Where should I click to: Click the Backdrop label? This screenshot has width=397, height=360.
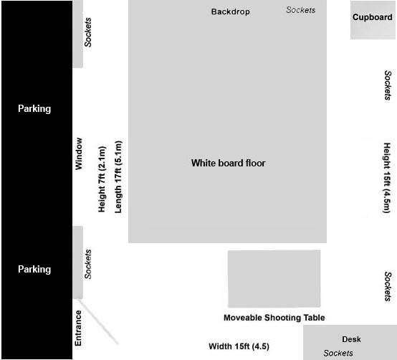pos(231,11)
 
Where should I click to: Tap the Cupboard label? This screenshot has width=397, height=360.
pos(372,17)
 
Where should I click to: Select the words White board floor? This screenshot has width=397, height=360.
pos(228,163)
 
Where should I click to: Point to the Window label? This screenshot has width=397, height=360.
pos(79,153)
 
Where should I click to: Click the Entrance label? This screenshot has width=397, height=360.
pos(78,328)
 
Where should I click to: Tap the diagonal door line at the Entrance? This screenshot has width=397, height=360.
pos(98,322)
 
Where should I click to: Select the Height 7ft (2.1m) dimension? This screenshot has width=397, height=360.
pos(102,179)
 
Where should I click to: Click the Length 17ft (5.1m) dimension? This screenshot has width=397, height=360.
pos(118,177)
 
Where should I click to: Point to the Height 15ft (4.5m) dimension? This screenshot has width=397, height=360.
pos(387,178)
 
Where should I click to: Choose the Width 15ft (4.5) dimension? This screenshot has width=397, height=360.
pos(239,346)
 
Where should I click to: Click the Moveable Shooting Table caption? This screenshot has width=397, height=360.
pos(274,318)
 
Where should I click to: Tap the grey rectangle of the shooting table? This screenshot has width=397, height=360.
pos(274,279)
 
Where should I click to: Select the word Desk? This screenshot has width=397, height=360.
pos(351,339)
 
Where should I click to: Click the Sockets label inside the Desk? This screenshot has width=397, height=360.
pos(338,353)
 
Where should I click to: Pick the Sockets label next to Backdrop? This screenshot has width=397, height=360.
pos(301,10)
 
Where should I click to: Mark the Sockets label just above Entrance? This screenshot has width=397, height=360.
pos(88,264)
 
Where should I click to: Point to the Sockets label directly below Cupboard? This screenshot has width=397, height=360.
pos(388,85)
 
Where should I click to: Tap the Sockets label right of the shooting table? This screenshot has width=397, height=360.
pos(388,287)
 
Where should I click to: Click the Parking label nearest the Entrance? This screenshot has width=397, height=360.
pos(34,270)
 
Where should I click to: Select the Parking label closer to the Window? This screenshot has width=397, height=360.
pos(34,109)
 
